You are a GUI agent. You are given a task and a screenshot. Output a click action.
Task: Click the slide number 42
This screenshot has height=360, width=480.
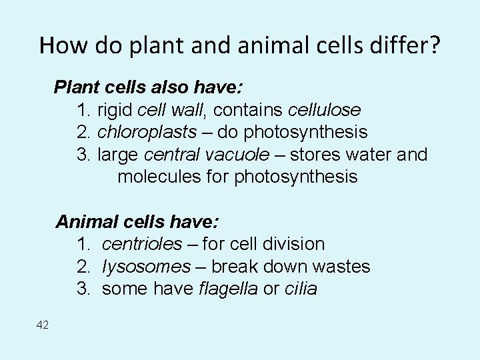tap(43, 325)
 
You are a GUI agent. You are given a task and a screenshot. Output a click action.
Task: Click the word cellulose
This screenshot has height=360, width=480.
tap(325, 109)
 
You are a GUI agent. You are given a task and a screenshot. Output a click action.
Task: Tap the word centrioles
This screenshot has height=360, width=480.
tap(141, 244)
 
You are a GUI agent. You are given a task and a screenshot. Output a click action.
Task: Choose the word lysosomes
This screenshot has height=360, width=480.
tap(146, 267)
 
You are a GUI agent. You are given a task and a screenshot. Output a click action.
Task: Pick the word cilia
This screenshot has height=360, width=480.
tap(301, 289)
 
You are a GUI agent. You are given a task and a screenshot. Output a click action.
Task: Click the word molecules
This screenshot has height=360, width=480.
tap(159, 177)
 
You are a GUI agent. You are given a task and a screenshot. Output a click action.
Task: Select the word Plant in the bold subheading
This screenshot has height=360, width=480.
tap(75, 87)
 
